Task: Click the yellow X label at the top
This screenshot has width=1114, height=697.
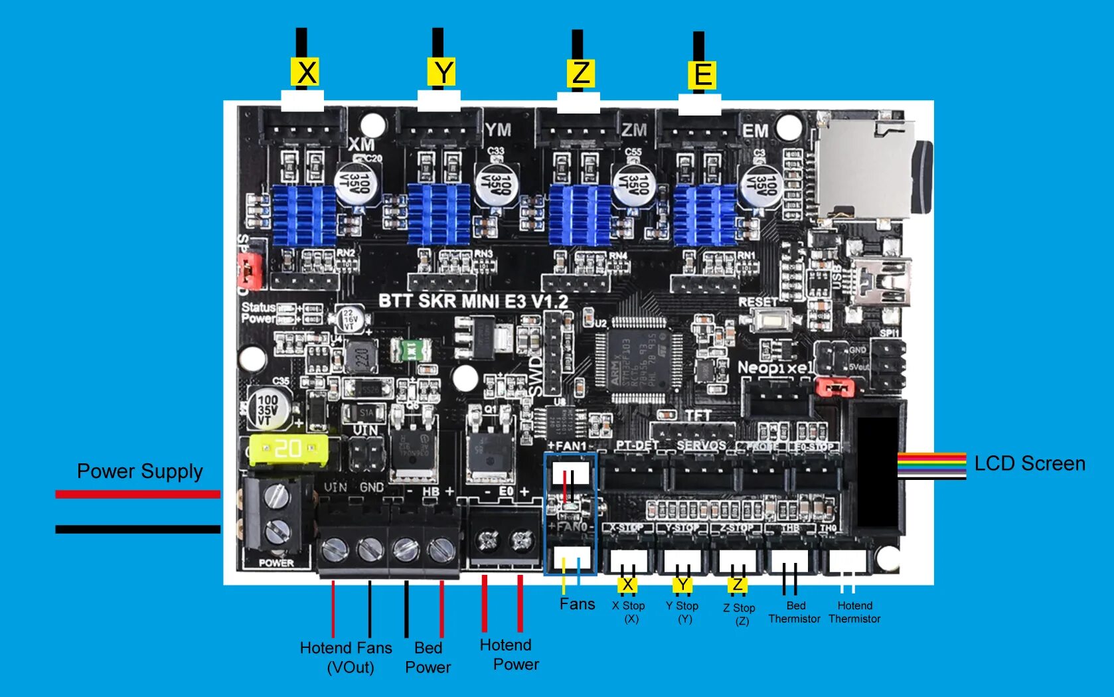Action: (306, 72)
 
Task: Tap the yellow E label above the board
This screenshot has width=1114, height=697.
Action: (702, 74)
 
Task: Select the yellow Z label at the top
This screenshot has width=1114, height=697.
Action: (581, 72)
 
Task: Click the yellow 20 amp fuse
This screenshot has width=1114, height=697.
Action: (287, 449)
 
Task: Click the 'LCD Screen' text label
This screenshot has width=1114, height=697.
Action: (1029, 463)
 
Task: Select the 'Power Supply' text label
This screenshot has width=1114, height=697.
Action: (139, 471)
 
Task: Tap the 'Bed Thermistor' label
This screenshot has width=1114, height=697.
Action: (795, 612)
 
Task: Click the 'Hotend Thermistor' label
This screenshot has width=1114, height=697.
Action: (854, 612)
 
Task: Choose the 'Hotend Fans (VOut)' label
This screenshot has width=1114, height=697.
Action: (346, 657)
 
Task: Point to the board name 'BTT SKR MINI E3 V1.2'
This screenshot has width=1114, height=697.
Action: (473, 301)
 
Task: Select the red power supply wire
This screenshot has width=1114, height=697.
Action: (137, 494)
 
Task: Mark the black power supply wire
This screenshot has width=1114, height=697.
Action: (137, 529)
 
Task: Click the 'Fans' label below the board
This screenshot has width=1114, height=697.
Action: (577, 604)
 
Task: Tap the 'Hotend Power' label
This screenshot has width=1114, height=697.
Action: (509, 655)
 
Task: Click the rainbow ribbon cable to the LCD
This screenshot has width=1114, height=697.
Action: (931, 465)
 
